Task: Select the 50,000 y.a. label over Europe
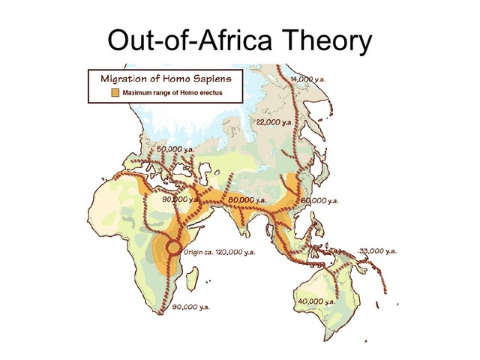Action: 177,148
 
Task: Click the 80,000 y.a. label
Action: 247,200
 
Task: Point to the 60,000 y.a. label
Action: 319,201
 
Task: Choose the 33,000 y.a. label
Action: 377,251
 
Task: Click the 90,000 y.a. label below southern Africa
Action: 191,307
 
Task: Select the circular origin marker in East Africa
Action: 173,247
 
